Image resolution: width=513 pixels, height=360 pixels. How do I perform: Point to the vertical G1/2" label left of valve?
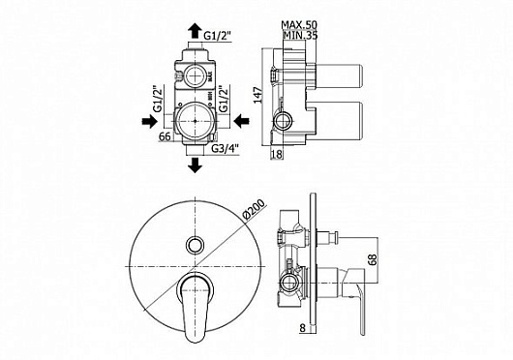157,101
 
